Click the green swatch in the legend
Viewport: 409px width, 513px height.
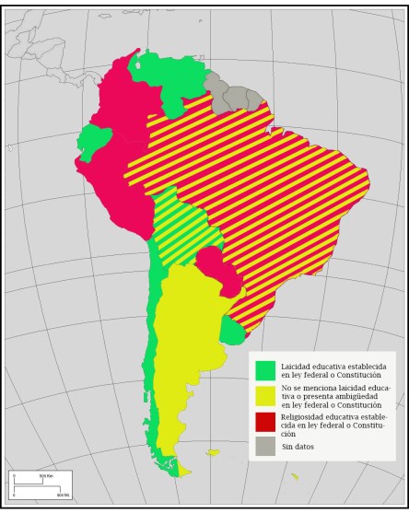pyautogui.click(x=266, y=370)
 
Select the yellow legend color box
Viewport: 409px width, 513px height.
pyautogui.click(x=266, y=395)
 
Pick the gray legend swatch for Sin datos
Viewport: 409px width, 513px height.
pyautogui.click(x=266, y=446)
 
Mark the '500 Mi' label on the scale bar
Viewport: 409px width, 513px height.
pyautogui.click(x=63, y=495)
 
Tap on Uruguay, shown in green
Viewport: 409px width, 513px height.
pyautogui.click(x=233, y=329)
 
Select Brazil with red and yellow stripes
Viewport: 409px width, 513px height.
pyautogui.click(x=267, y=184)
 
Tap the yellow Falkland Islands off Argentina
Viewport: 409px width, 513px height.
pyautogui.click(x=213, y=452)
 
